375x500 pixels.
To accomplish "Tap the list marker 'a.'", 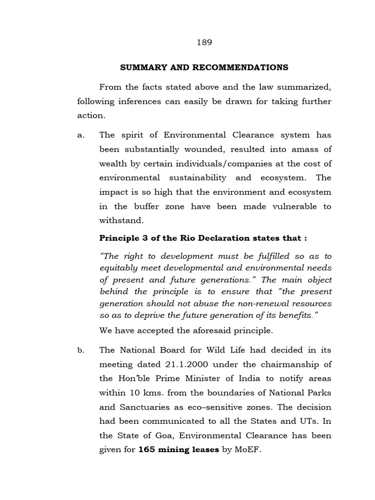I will pos(81,135).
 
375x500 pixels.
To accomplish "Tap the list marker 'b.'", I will pos(81,350).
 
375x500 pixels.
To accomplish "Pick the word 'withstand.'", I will pos(122,220).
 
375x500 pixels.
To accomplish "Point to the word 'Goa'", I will pos(161,435).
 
